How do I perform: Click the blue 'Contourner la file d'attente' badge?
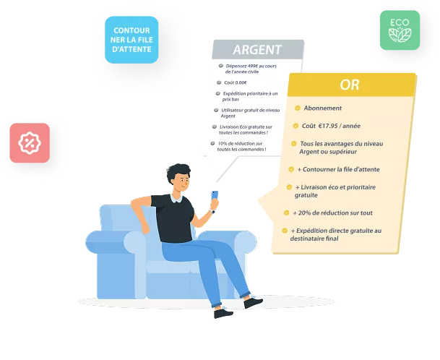tap(131, 40)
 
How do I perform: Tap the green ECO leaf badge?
tap(400, 30)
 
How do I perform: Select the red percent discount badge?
tap(30, 143)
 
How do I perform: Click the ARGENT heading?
tap(257, 50)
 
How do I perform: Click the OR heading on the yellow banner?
tap(350, 85)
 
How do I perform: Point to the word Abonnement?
tap(323, 108)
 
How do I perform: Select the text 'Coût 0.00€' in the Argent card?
tap(236, 82)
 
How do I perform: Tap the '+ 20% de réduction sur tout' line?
tap(332, 213)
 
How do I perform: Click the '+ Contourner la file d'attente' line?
tap(338, 169)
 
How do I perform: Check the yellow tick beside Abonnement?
tap(298, 108)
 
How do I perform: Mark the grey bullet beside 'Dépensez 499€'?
tap(221, 66)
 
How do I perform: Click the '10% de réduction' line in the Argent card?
tap(241, 146)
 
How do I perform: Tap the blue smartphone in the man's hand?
tap(215, 195)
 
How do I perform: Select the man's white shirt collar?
tap(176, 198)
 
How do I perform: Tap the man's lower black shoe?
tap(223, 313)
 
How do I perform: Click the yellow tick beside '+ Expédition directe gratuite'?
tap(285, 231)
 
